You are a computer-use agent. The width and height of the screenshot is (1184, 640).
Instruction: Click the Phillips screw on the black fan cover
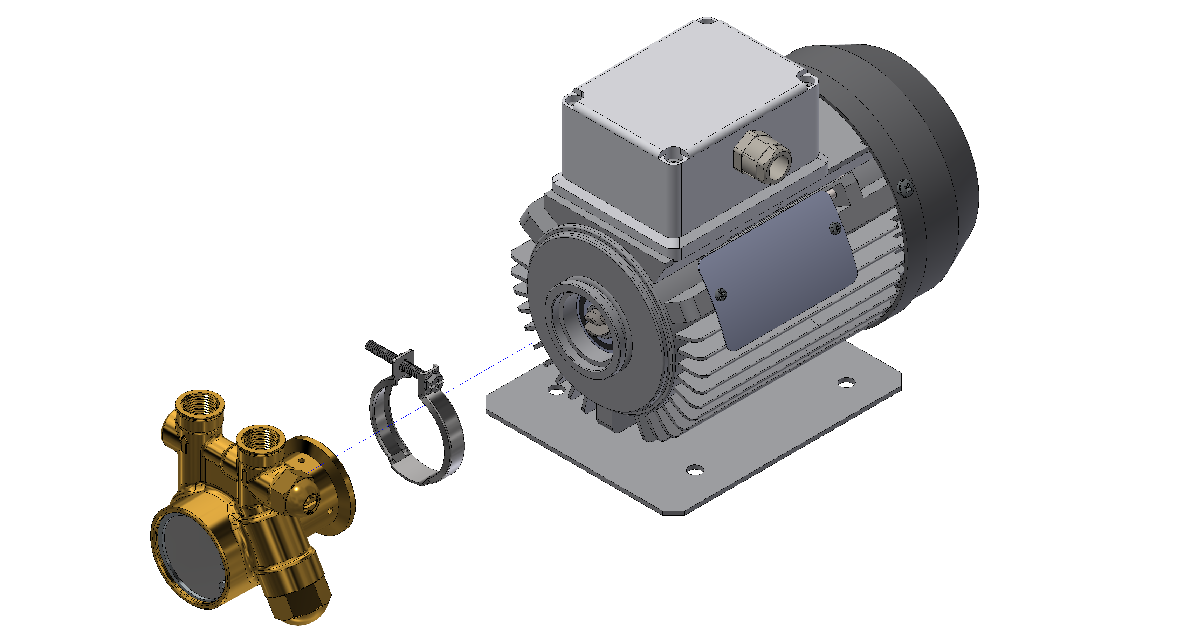coord(906,187)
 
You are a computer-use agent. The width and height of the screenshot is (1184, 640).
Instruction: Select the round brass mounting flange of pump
coord(338,487)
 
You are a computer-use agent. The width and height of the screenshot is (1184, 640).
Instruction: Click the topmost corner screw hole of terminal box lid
coord(707,21)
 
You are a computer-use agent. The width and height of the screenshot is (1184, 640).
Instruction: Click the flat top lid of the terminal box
coord(689,87)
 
